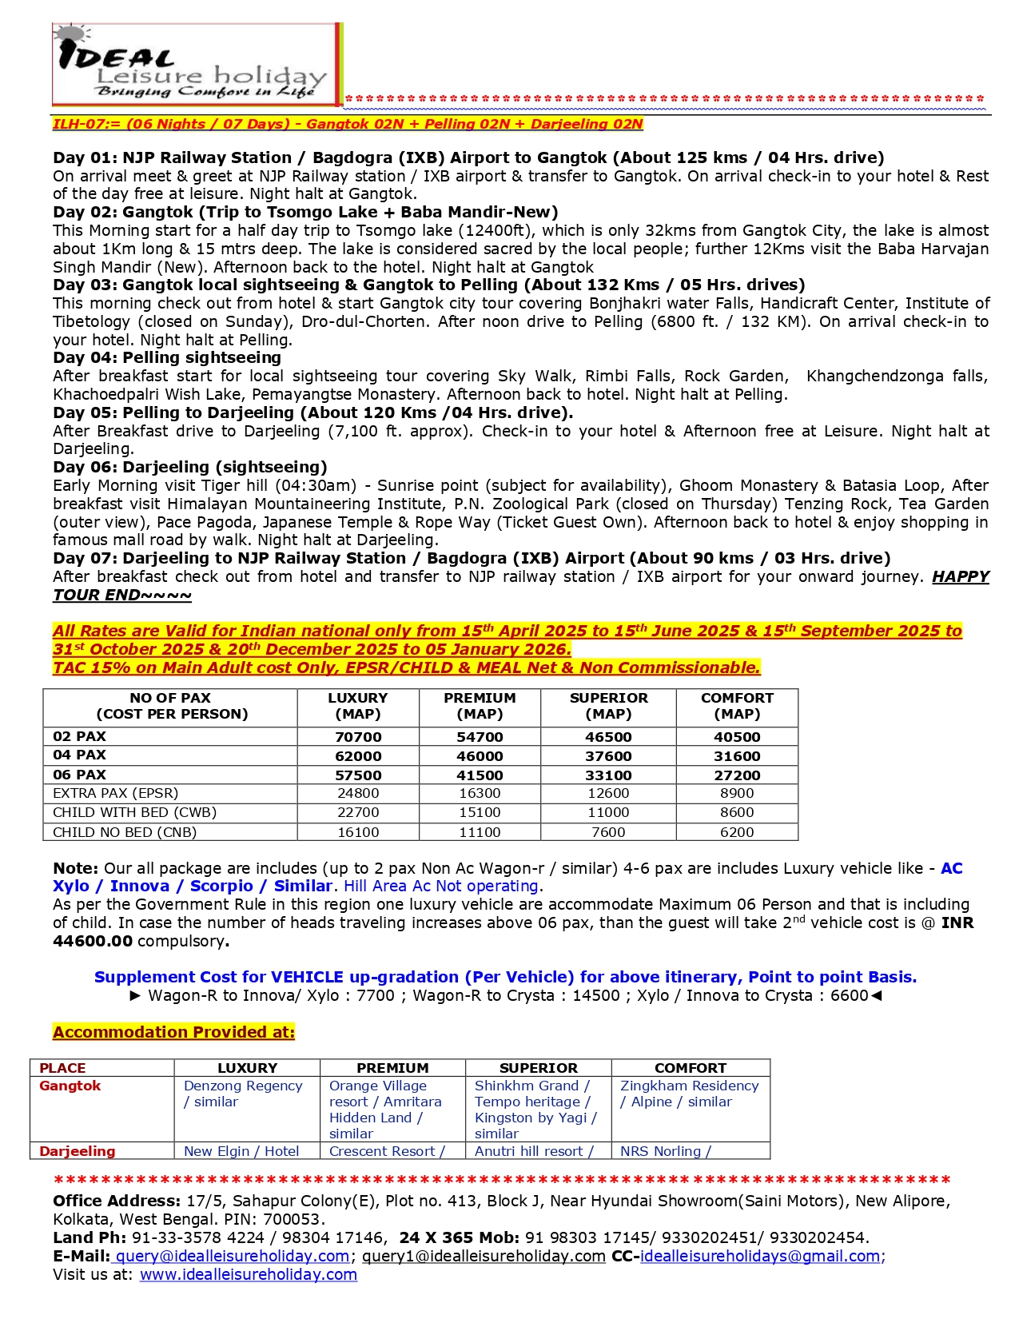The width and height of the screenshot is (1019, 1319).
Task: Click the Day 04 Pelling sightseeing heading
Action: click(x=167, y=357)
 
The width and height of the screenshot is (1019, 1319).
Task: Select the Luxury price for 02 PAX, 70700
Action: click(x=358, y=736)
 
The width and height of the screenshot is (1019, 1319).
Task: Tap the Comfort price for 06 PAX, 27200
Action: click(x=736, y=775)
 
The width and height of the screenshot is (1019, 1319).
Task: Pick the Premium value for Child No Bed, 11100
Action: click(x=480, y=832)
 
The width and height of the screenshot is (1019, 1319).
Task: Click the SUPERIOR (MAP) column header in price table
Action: click(x=608, y=706)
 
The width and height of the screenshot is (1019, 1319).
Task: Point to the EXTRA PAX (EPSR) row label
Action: click(x=116, y=793)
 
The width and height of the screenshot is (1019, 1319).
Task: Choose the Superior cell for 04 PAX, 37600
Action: click(x=608, y=755)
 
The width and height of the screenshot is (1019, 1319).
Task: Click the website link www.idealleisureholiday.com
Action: click(x=249, y=1274)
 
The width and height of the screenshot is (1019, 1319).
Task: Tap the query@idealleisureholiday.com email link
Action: click(x=233, y=1256)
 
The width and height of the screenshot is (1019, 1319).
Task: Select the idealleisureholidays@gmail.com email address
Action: click(x=760, y=1256)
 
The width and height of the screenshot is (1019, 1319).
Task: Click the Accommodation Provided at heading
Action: click(x=173, y=1032)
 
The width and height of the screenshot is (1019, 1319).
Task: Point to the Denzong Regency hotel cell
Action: click(x=243, y=1094)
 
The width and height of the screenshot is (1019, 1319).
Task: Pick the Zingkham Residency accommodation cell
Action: click(x=689, y=1094)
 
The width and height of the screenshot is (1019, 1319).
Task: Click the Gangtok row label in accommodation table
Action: click(x=70, y=1086)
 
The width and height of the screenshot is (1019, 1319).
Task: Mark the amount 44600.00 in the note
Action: click(x=93, y=941)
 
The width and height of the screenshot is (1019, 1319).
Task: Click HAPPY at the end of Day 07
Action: click(x=960, y=576)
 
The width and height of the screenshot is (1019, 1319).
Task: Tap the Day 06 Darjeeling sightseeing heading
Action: click(x=190, y=467)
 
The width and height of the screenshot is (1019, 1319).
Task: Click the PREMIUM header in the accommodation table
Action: click(x=392, y=1068)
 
